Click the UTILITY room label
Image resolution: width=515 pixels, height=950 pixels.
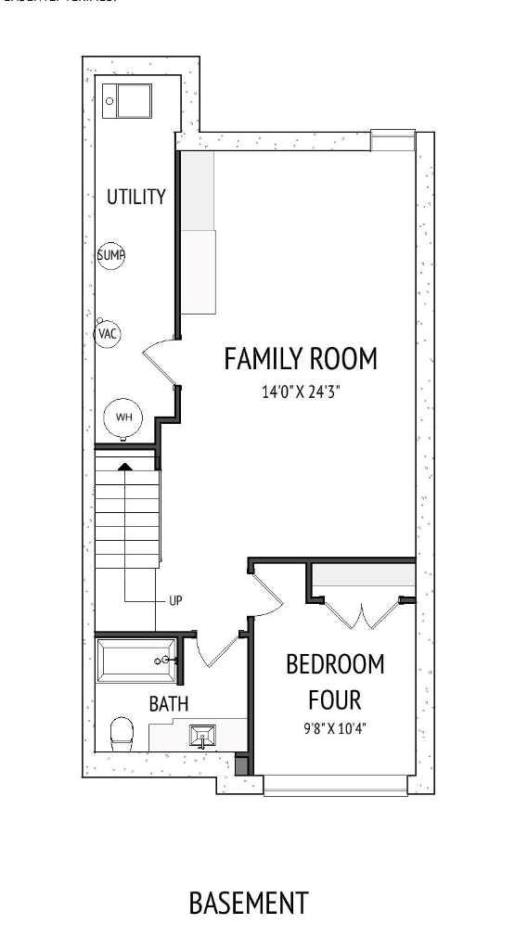135,197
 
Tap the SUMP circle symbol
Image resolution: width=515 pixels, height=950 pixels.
111,255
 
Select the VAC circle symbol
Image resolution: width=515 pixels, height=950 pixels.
109,333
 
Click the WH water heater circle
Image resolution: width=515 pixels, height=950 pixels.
123,417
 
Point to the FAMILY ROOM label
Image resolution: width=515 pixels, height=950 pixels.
301,358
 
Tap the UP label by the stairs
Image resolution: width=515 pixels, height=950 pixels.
175,600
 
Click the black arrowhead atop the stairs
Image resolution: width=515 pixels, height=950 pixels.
124,467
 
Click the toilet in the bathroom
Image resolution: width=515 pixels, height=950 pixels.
122,734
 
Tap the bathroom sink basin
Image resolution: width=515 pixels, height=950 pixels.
203,737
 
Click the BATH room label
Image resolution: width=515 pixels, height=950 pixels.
169,704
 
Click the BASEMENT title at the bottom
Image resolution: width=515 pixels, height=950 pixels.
248,902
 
